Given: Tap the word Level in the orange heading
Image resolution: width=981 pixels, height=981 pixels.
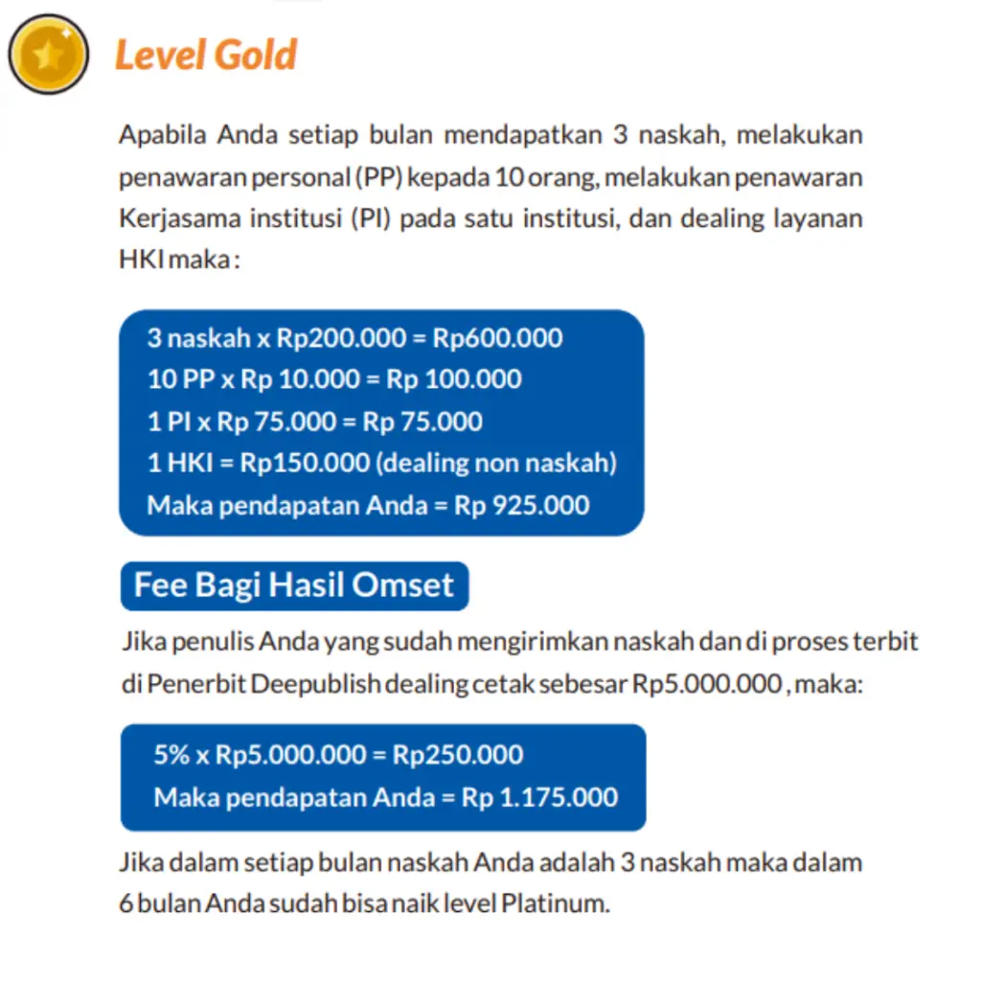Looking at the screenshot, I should click(157, 56).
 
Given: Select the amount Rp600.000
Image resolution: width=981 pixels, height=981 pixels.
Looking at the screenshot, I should click(497, 338).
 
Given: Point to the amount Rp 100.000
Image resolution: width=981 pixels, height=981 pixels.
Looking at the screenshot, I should click(454, 379).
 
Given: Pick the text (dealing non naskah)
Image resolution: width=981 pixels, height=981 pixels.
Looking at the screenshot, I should click(495, 463).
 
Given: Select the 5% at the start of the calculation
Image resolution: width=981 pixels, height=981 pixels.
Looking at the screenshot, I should click(171, 755).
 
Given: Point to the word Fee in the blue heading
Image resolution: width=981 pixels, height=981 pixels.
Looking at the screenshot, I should click(161, 585).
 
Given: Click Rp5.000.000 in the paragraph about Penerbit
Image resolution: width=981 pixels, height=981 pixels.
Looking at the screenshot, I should click(705, 685).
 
